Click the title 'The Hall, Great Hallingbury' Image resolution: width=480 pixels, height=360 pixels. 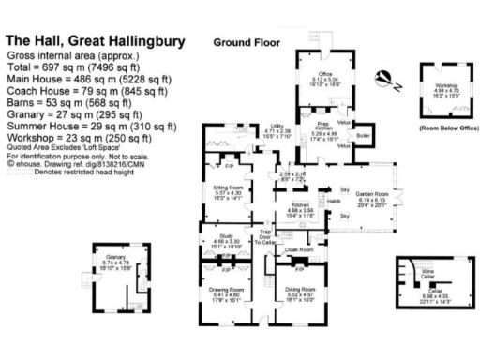pyautogui.click(x=95, y=42)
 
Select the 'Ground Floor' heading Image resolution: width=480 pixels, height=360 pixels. pyautogui.click(x=246, y=43)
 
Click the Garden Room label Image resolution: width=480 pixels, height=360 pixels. pyautogui.click(x=371, y=195)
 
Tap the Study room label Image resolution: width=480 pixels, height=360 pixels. pyautogui.click(x=225, y=236)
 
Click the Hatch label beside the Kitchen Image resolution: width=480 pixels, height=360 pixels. pyautogui.click(x=333, y=200)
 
